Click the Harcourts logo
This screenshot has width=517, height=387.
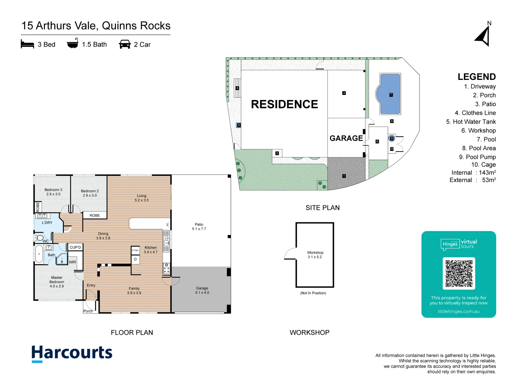click(72, 353)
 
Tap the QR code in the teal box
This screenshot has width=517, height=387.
click(459, 273)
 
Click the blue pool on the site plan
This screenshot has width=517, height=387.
click(390, 94)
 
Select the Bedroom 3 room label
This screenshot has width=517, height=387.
click(53, 192)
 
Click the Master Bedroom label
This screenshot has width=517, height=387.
click(57, 282)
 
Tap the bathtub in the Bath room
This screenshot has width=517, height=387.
click(39, 254)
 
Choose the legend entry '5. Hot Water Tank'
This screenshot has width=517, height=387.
click(471, 122)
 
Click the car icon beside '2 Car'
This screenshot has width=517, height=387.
click(125, 44)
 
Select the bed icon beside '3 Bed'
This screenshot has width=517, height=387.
click(27, 44)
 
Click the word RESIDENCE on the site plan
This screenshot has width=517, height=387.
click(284, 104)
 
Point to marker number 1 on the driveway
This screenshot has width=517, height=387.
click(344, 176)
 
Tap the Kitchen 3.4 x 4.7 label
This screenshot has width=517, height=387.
click(151, 250)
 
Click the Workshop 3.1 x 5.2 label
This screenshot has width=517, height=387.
click(315, 255)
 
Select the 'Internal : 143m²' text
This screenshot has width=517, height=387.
click(474, 173)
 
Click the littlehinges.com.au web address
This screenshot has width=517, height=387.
click(458, 311)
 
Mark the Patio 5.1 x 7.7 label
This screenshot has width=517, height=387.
click(199, 226)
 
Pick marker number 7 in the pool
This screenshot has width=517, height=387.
click(391, 95)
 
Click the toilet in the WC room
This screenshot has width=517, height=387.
click(40, 238)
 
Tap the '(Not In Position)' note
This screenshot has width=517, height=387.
click(313, 293)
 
